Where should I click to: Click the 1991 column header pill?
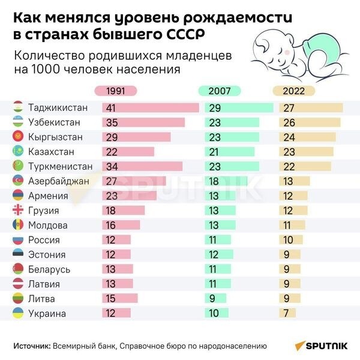(116, 91)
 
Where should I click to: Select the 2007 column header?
(219, 91)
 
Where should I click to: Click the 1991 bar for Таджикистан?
(151, 108)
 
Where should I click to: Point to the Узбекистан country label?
(54, 122)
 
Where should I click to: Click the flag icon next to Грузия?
(18, 211)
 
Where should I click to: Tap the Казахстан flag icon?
(18, 152)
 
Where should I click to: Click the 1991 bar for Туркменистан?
(142, 166)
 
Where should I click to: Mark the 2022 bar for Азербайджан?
(295, 181)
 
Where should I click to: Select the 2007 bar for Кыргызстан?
(232, 137)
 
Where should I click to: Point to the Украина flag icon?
(18, 313)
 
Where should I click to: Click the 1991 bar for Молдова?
(121, 225)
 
